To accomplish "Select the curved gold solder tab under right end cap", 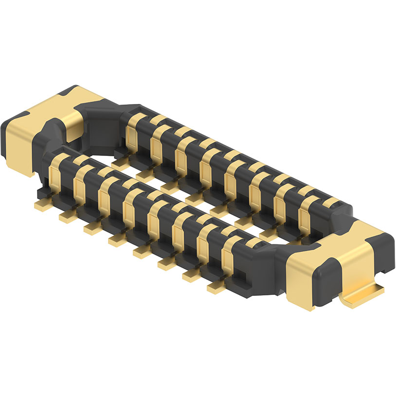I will point(362,296).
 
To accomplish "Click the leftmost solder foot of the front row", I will point(43,206).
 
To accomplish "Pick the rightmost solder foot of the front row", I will point(218,288).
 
